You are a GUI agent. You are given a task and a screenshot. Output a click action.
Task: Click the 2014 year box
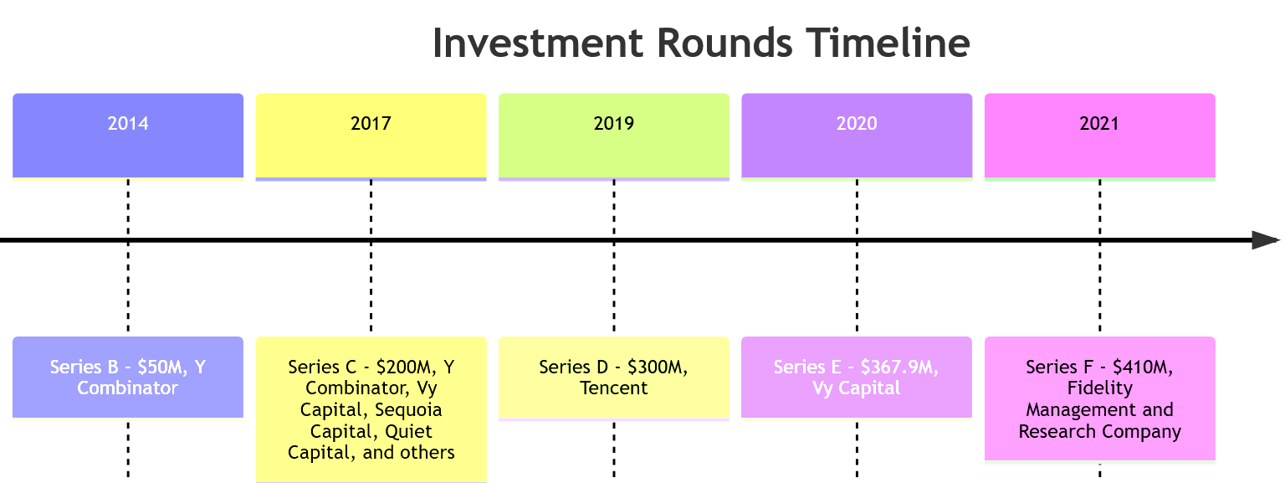click(x=128, y=136)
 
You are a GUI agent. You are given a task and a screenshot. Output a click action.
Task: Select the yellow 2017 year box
click(x=371, y=136)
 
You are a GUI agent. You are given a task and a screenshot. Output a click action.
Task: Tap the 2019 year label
click(x=614, y=124)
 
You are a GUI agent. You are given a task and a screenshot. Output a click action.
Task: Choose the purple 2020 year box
click(x=857, y=136)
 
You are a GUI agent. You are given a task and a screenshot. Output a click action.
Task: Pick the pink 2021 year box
click(x=1100, y=136)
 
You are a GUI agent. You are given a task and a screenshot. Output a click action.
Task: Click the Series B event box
click(x=128, y=378)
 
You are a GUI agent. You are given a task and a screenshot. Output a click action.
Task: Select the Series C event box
click(x=371, y=409)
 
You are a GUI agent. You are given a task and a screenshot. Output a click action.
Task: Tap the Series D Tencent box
click(x=614, y=378)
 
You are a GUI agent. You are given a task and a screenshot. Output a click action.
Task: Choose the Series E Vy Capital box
click(x=857, y=378)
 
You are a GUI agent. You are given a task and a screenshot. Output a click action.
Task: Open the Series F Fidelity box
click(x=1100, y=398)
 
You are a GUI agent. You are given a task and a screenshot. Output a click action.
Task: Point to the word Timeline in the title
click(x=888, y=43)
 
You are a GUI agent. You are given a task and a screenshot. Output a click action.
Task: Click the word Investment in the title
click(x=538, y=43)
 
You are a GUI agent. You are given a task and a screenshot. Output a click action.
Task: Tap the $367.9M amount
click(x=899, y=367)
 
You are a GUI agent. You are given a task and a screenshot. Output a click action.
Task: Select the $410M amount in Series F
click(x=1143, y=367)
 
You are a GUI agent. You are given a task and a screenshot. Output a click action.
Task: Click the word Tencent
click(x=614, y=388)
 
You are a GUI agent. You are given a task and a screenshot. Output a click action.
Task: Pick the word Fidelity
click(x=1100, y=388)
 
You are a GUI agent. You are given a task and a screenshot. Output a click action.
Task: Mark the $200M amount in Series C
click(x=407, y=367)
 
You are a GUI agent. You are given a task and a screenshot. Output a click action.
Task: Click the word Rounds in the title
click(x=724, y=43)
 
